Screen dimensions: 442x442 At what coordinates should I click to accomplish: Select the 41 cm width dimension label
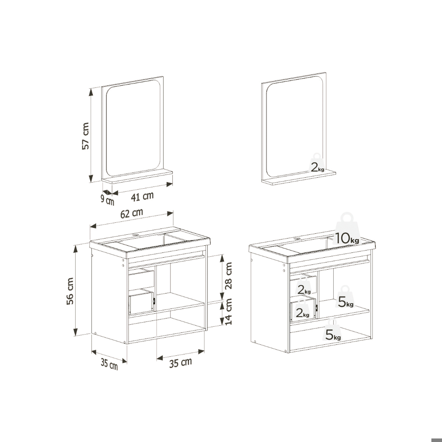tap(141, 195)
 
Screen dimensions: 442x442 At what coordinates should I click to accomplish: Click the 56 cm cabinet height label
tap(70, 291)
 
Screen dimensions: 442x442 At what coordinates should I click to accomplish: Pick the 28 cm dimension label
tap(228, 275)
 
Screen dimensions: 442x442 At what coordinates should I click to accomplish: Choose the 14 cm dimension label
tap(228, 312)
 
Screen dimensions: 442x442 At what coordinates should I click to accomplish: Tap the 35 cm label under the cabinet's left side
tap(109, 364)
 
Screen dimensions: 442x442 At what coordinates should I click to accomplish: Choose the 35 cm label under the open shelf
tap(180, 363)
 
